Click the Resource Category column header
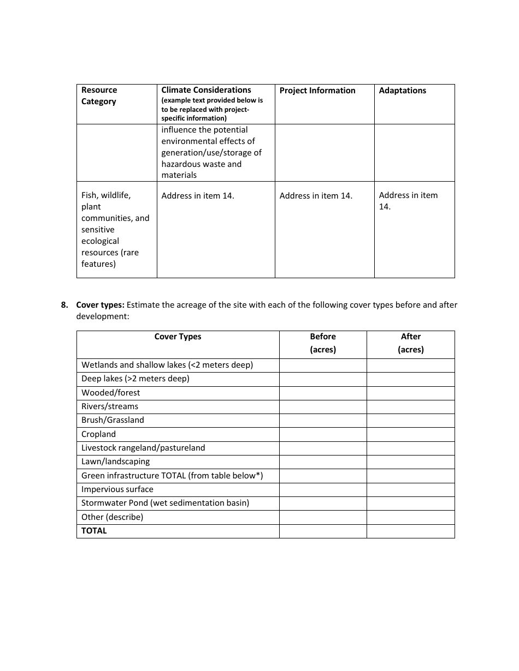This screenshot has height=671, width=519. point(99,95)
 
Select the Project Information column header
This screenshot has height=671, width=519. point(317,91)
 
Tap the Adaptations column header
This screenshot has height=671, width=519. point(403,91)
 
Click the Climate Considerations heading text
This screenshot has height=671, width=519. point(206,90)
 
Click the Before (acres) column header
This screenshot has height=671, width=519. point(323,343)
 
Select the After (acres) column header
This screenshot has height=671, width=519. point(411,343)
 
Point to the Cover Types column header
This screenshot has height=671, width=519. point(178,337)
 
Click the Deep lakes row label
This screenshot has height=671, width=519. point(135,379)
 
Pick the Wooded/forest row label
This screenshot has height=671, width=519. point(110,393)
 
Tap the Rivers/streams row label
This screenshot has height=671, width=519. point(110,406)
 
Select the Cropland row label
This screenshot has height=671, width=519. point(98,434)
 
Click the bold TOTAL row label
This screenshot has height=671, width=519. point(94,531)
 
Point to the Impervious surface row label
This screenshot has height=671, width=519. point(117,489)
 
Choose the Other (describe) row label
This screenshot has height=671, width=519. point(112,517)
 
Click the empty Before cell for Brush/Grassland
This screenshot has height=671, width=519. point(323,420)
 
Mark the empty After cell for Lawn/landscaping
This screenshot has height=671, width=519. point(411,462)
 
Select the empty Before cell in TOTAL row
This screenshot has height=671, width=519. point(323,531)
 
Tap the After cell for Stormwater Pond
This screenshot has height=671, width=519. point(411,503)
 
